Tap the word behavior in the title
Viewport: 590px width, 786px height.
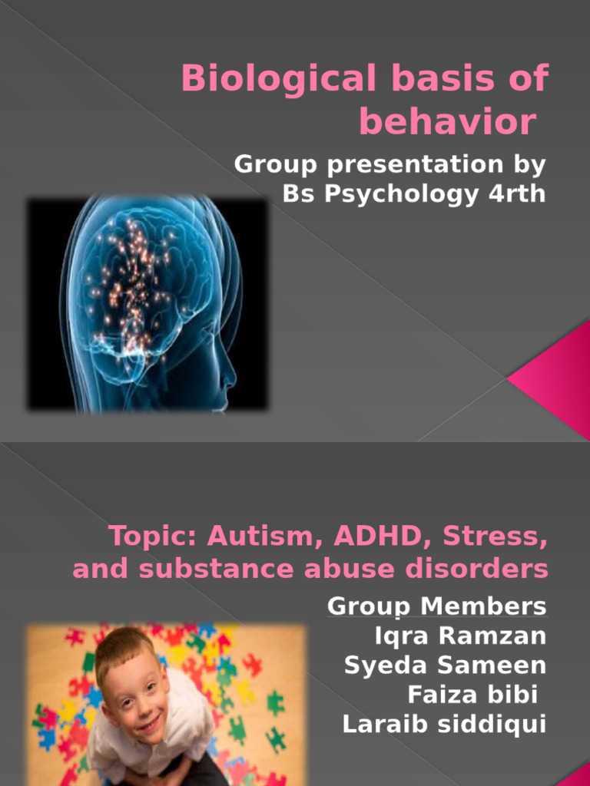pyautogui.click(x=446, y=123)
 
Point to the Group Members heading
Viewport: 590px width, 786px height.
pyautogui.click(x=437, y=606)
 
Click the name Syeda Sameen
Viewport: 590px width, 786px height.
pyautogui.click(x=446, y=665)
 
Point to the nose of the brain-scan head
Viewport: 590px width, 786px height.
pyautogui.click(x=229, y=377)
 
